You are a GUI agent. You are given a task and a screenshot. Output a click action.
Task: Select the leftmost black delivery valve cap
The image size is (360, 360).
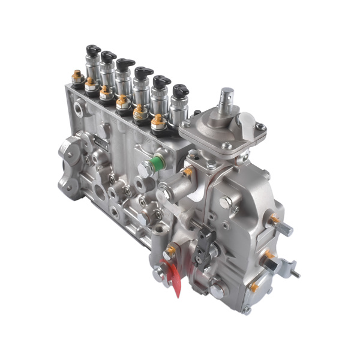pyautogui.click(x=92, y=49)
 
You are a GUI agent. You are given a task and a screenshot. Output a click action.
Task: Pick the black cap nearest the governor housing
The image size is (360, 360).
pyautogui.click(x=180, y=91)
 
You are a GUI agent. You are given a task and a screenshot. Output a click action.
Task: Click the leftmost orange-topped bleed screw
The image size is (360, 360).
pyautogui.click(x=77, y=75)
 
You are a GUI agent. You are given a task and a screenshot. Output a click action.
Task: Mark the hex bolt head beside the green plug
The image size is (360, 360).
pyautogui.click(x=144, y=170)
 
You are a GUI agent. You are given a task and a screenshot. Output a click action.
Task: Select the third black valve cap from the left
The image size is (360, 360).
pyautogui.click(x=125, y=64)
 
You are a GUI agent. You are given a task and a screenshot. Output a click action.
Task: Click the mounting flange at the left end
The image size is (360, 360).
pyautogui.click(x=71, y=162)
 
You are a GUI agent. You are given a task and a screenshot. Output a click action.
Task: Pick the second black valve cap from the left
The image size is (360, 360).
pyautogui.click(x=109, y=56)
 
